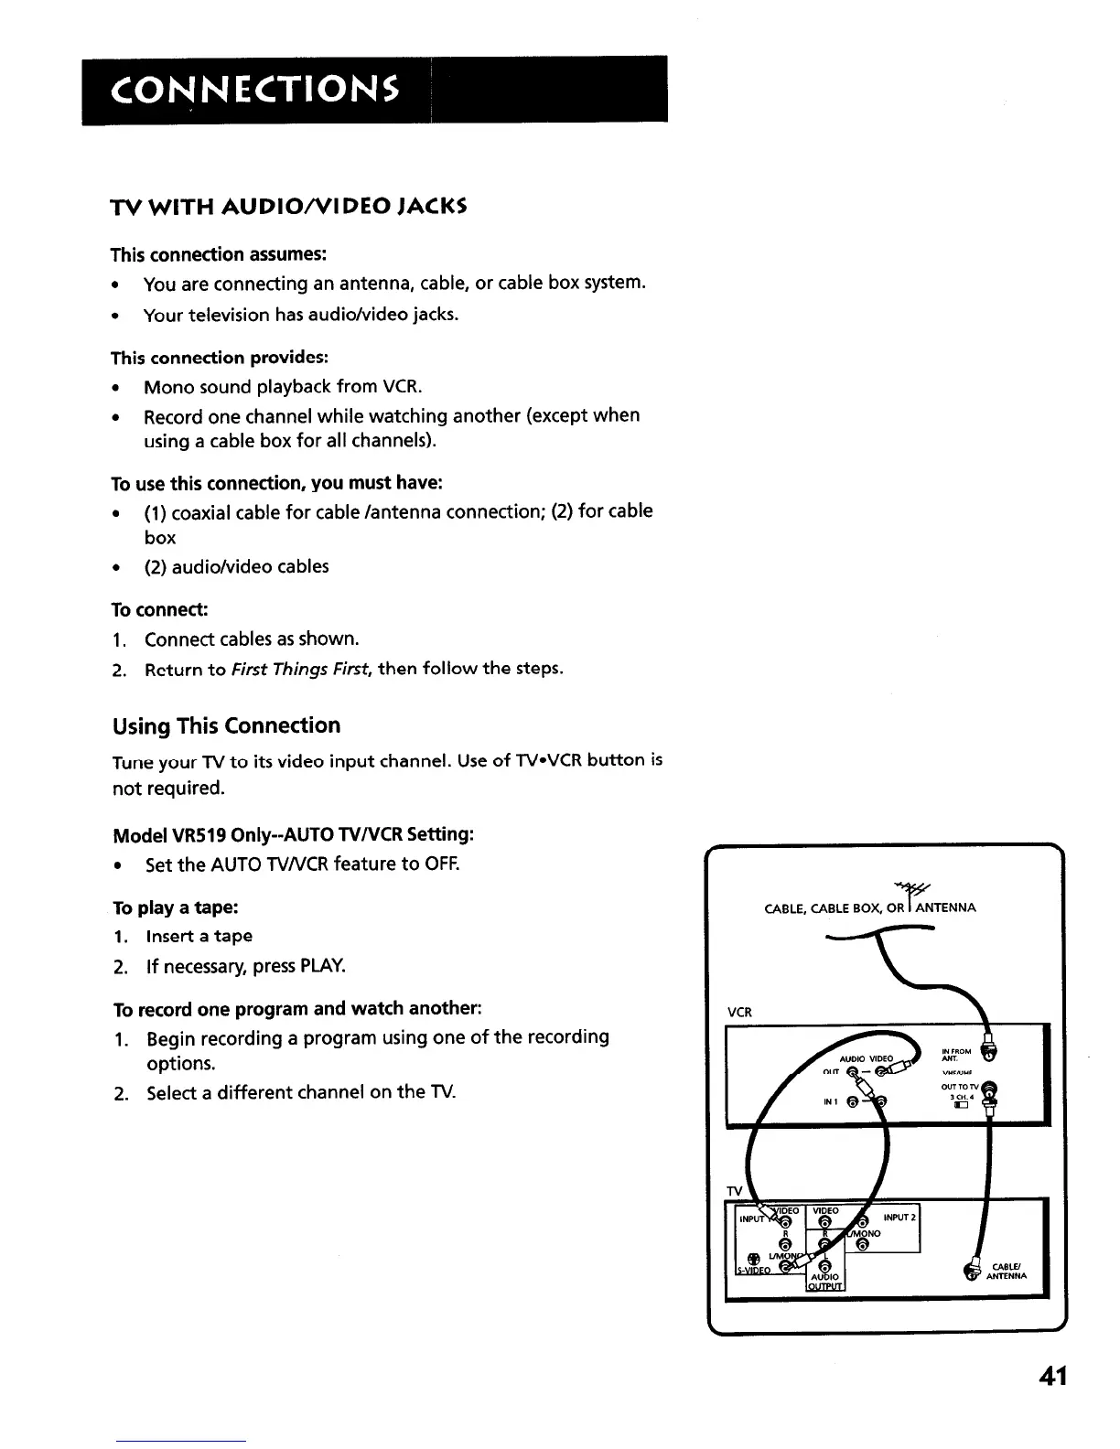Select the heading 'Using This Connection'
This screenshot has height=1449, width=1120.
coord(226,726)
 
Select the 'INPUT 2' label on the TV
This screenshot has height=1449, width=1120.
coord(899,1217)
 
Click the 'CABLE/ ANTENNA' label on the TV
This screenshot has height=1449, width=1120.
coord(1007,1272)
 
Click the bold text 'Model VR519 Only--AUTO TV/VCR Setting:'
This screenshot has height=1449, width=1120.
coord(293,835)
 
